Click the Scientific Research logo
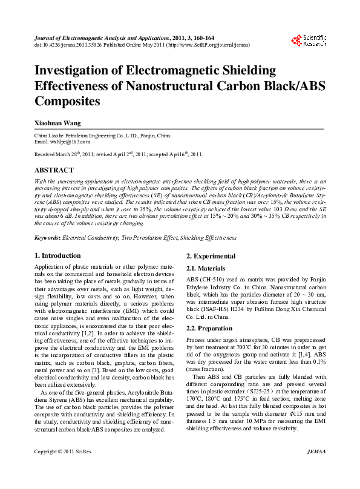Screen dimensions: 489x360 [x=309, y=41]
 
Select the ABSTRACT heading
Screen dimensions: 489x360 [x=56, y=171]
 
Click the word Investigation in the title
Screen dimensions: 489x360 [x=79, y=71]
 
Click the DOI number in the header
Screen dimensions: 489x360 [x=70, y=44]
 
